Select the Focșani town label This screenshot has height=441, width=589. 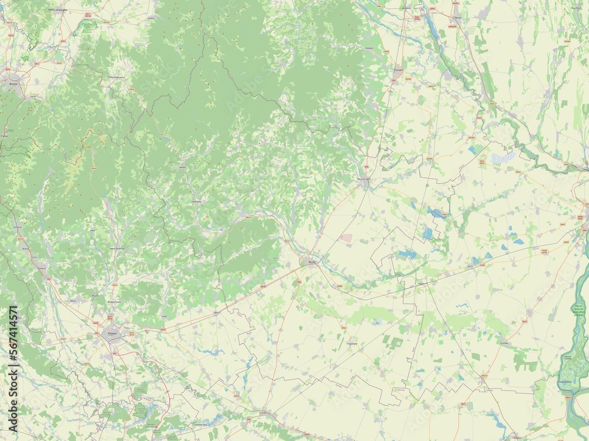(398, 69)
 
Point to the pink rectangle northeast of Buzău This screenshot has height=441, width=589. (347, 238)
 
